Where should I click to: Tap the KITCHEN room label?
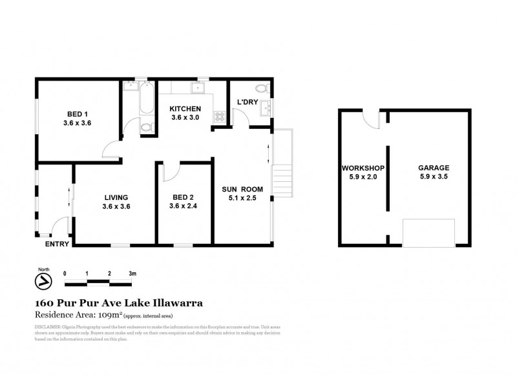tap(185, 109)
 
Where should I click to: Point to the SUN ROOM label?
tap(242, 189)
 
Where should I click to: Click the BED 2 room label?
tap(184, 197)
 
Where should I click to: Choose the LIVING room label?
tap(115, 197)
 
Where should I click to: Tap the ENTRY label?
tap(57, 244)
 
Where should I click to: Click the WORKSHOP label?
tap(363, 167)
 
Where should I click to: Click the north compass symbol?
tap(42, 281)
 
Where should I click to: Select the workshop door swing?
tap(370, 117)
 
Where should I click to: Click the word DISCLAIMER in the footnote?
tap(48, 327)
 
